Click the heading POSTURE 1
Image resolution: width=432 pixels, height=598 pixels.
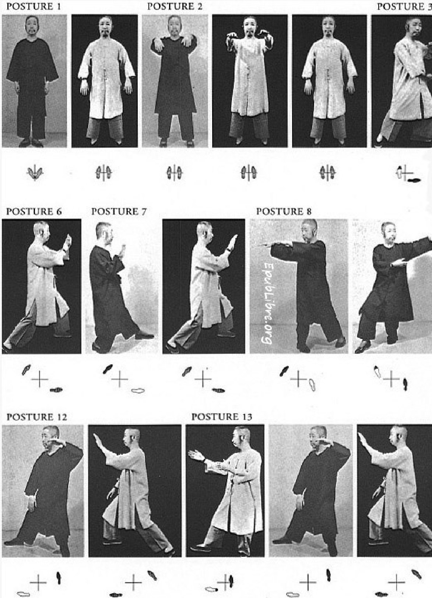pyautogui.click(x=34, y=7)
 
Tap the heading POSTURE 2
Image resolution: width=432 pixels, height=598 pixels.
pyautogui.click(x=175, y=7)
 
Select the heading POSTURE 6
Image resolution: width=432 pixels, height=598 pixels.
pyautogui.click(x=34, y=212)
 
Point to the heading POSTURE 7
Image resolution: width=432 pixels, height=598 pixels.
pyautogui.click(x=119, y=212)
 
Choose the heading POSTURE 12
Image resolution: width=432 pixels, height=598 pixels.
pyautogui.click(x=36, y=417)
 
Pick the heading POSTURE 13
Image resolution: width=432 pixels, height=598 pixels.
pyautogui.click(x=222, y=417)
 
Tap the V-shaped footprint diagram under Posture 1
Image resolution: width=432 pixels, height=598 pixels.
pyautogui.click(x=35, y=173)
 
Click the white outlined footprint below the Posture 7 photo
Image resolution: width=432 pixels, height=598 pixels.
pyautogui.click(x=138, y=391)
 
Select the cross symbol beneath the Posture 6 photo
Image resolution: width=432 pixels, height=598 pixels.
pyautogui.click(x=40, y=379)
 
